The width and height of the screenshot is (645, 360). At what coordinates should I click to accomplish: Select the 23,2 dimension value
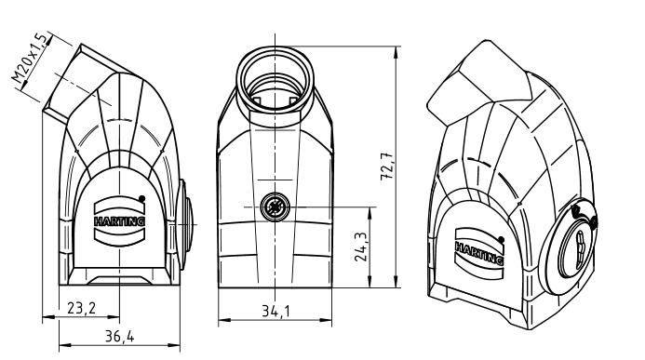click(x=81, y=308)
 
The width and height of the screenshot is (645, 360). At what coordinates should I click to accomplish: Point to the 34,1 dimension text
click(x=275, y=311)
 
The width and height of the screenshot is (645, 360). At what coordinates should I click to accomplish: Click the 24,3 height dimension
click(x=361, y=247)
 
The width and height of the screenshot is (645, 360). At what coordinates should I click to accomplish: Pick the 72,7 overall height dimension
click(x=387, y=167)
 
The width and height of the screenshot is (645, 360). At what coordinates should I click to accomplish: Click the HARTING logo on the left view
click(x=120, y=221)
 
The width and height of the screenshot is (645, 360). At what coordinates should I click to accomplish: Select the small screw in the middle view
click(x=275, y=207)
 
